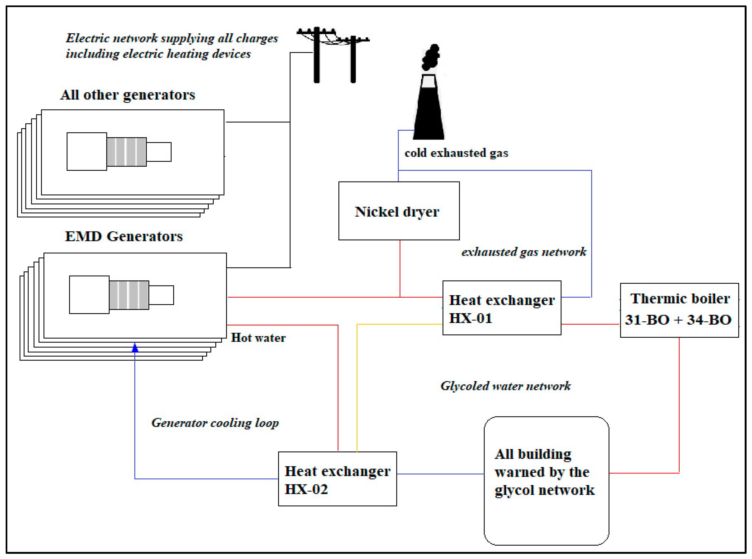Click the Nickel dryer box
pos(399,211)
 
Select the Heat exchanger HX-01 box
pos(502,308)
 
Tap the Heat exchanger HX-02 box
pos(338,479)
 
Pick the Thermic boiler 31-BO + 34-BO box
pos(679,310)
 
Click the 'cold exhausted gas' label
pos(456,153)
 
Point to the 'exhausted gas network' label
pos(524,252)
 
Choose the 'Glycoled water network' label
pos(505,386)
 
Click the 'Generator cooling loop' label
pos(215,423)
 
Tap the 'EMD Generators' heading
pos(124,236)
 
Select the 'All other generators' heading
pos(128,95)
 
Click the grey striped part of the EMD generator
pos(129,295)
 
